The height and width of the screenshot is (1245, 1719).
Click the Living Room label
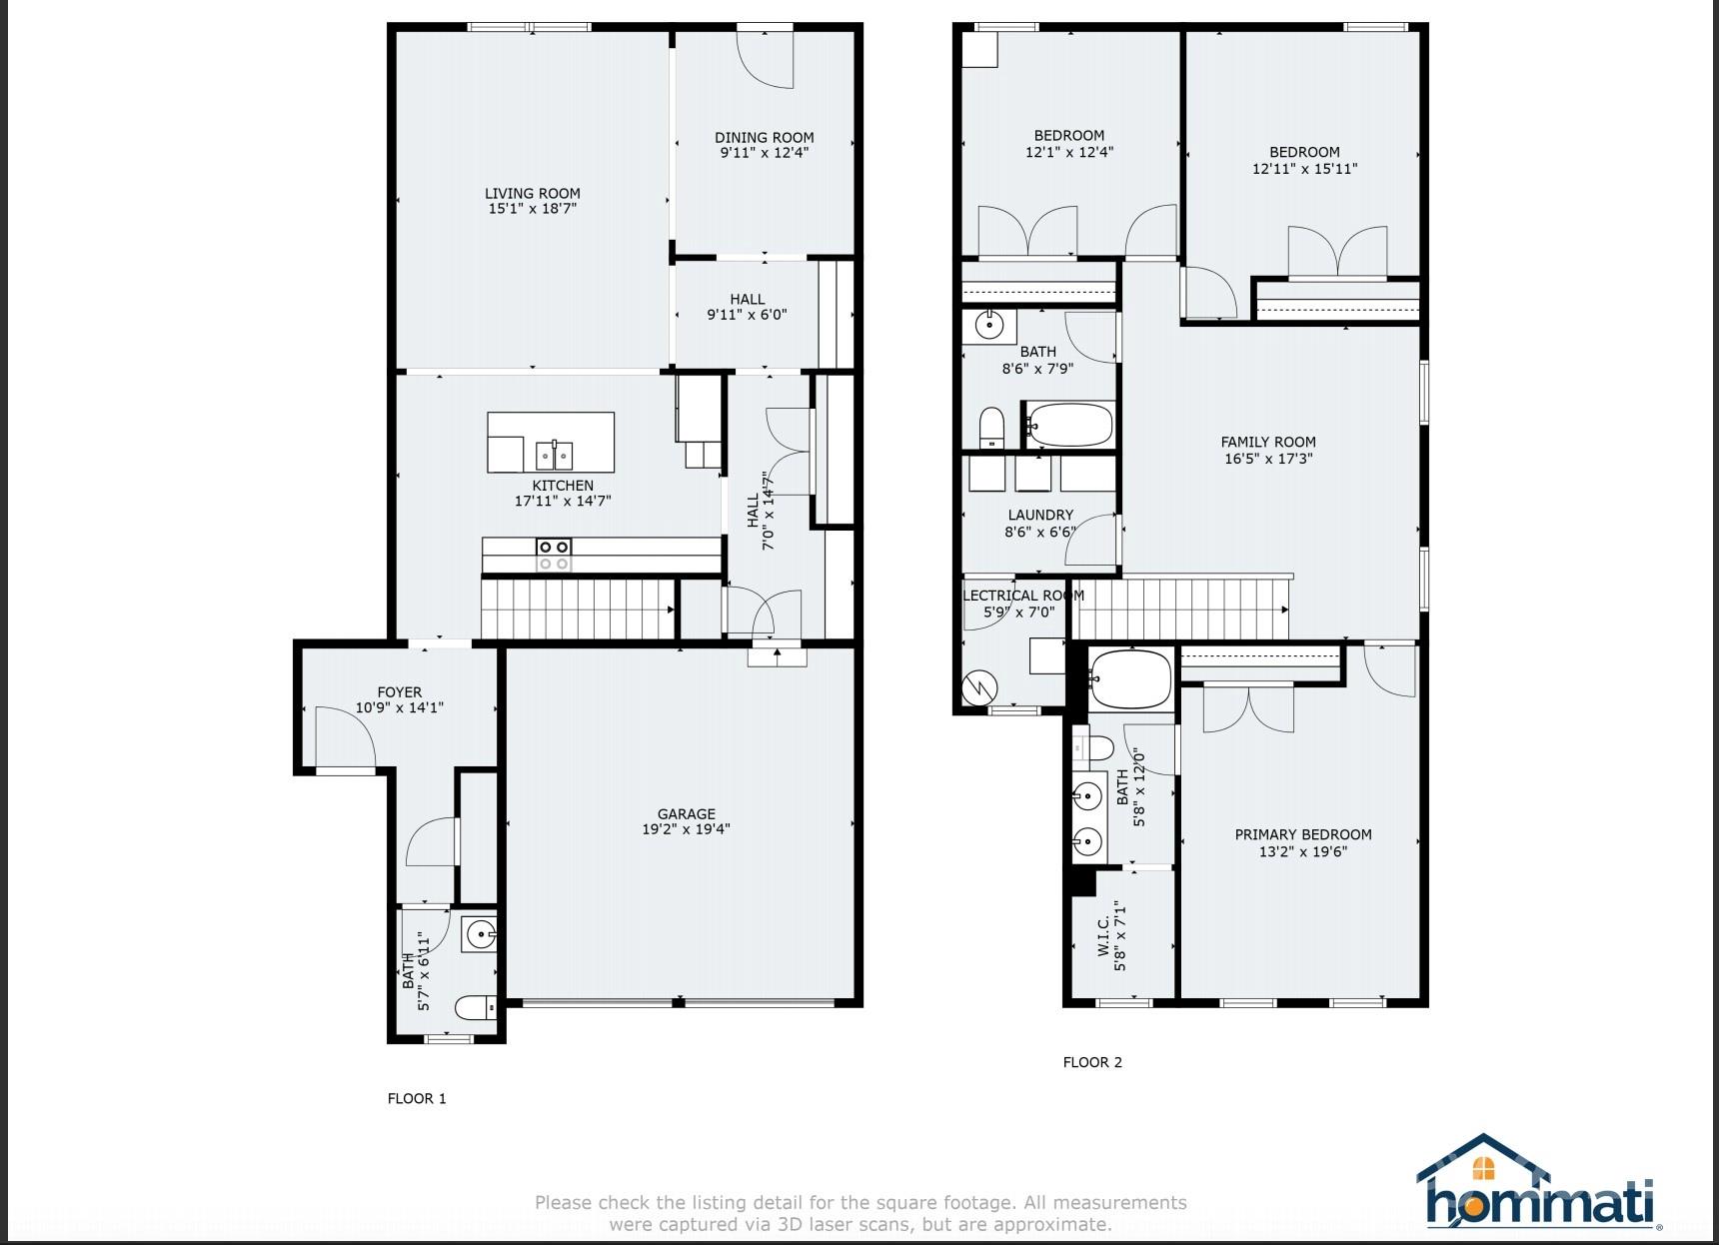532,194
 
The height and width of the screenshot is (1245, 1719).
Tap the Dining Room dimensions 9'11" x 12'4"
764,153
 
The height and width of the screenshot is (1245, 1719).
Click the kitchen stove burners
553,555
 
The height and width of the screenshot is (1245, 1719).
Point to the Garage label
686,813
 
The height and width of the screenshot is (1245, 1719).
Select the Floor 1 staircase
577,609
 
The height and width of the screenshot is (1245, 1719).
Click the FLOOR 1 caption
417,1098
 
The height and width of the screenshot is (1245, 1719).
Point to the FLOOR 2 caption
1092,1062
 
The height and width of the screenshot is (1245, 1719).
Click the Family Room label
1267,442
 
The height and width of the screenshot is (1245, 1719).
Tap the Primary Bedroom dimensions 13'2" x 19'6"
1303,851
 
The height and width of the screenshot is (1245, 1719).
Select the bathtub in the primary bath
1130,679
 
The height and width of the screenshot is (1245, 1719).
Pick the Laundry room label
1040,516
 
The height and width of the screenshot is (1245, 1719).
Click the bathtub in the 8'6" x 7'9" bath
1068,425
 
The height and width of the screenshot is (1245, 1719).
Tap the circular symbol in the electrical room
979,686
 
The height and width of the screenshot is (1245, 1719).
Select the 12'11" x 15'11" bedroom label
1304,152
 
